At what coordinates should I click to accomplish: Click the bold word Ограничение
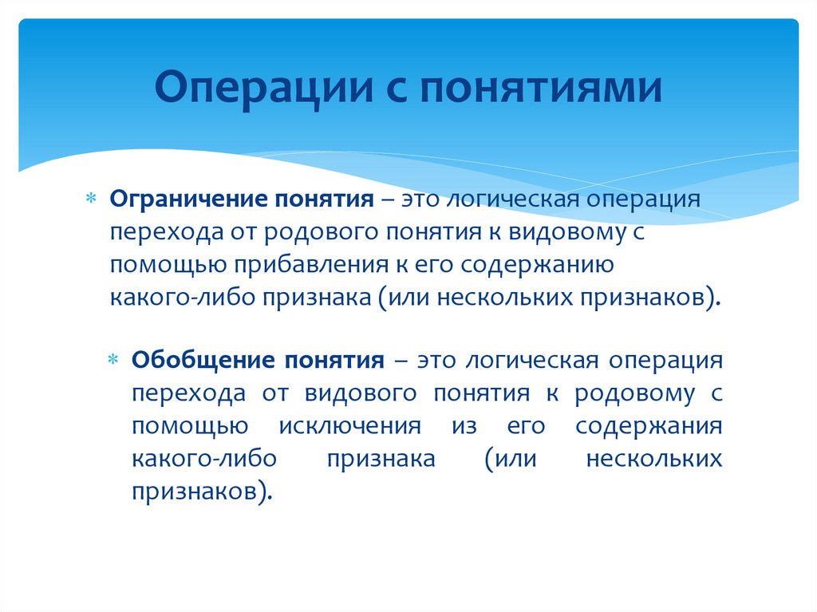(x=187, y=199)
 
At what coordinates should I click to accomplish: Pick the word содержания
(x=649, y=426)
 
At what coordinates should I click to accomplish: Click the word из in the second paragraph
(x=464, y=426)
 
